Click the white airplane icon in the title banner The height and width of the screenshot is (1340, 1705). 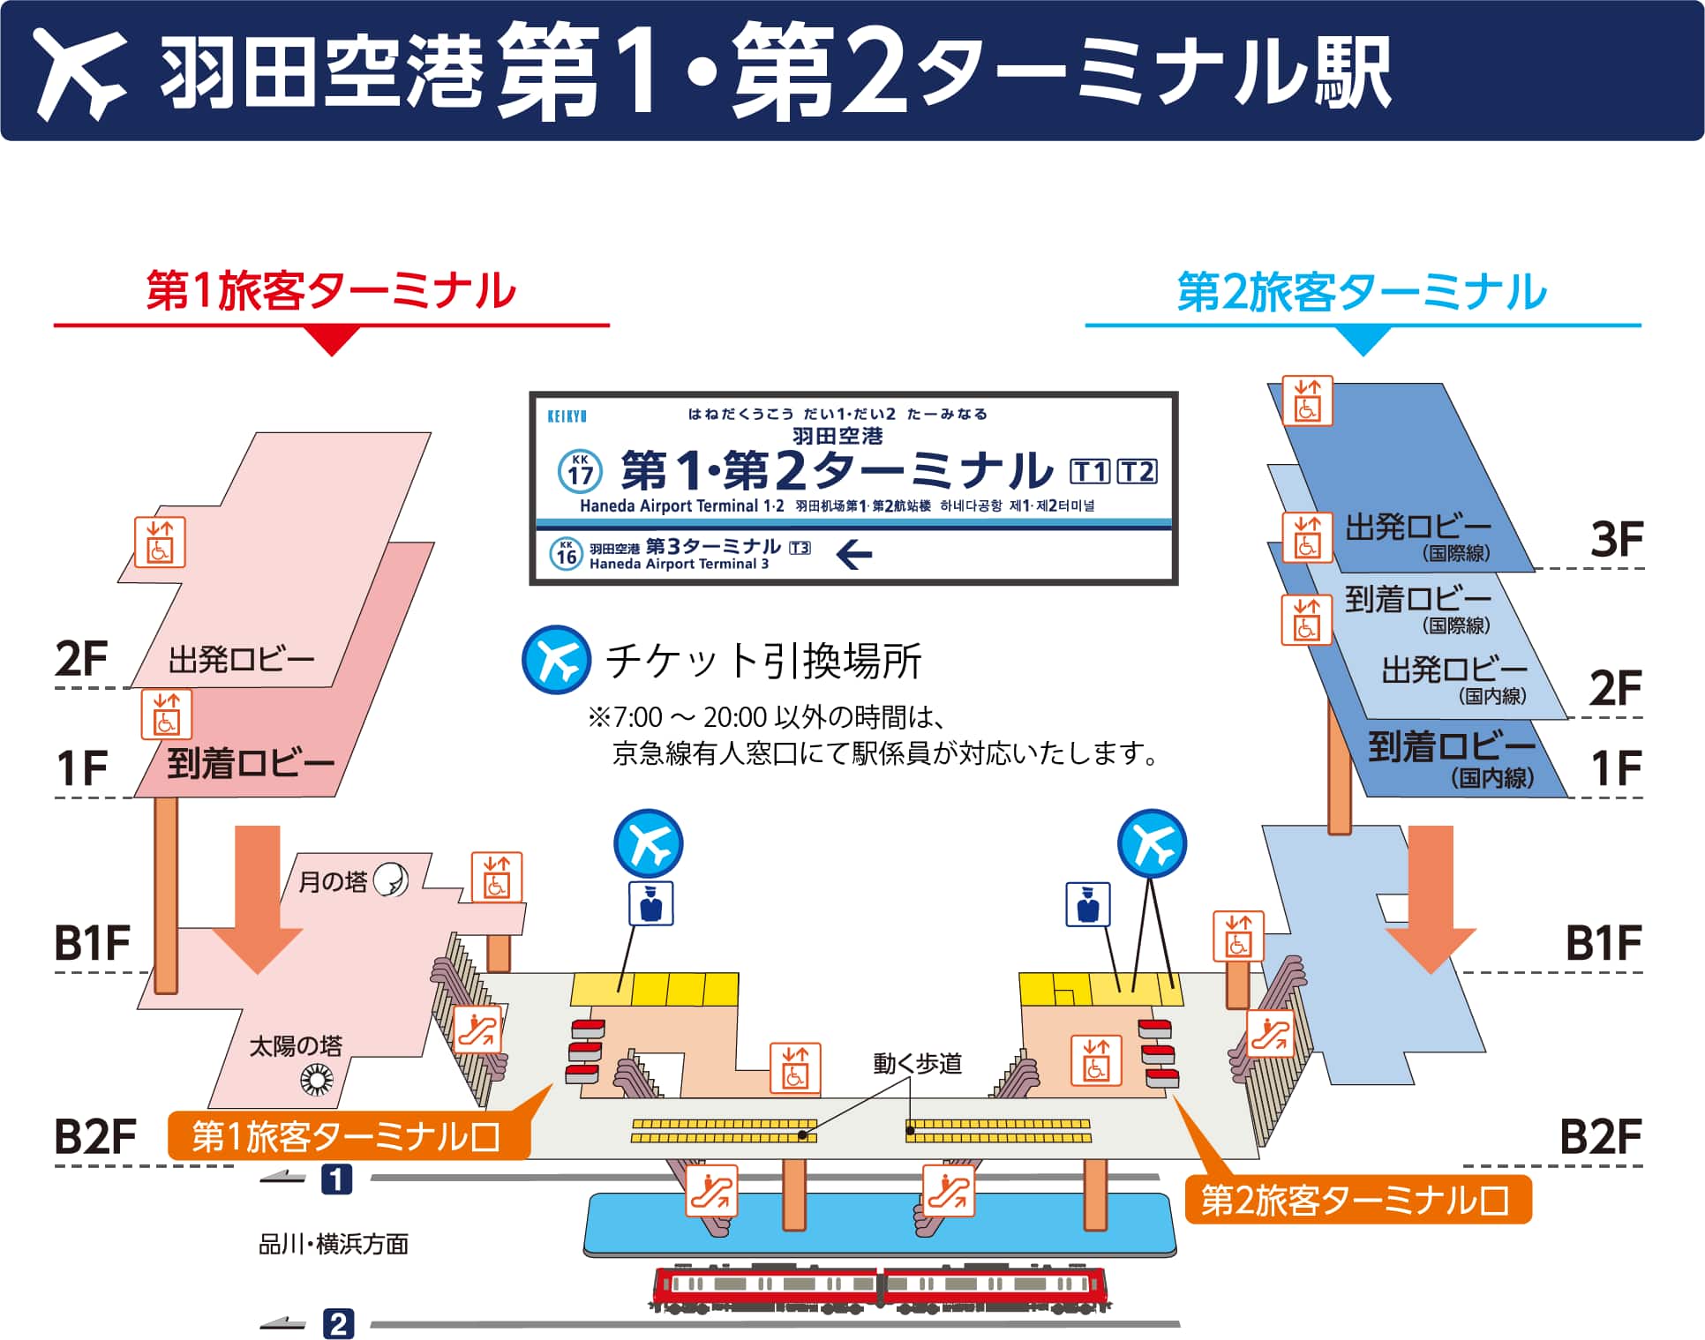coord(79,72)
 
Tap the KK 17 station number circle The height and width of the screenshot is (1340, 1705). coord(580,471)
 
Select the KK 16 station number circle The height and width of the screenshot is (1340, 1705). coord(566,553)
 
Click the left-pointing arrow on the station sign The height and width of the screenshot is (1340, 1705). coord(853,554)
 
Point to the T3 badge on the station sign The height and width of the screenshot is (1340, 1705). coord(800,548)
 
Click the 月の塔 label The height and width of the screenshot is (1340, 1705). coord(333,881)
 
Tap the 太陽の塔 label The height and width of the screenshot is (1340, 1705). coord(296,1046)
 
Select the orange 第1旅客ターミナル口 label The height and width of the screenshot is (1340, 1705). coord(348,1136)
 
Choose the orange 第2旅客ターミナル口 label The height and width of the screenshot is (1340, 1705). coord(1356,1200)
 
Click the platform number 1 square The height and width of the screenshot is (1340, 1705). coord(336,1179)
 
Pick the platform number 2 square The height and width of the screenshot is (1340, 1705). coord(338,1323)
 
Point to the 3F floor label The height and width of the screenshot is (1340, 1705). coord(1616,539)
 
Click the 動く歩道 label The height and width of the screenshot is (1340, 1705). coord(918,1064)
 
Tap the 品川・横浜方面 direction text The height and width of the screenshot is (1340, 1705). coord(334,1244)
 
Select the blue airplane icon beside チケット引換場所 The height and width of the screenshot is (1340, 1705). coord(556,660)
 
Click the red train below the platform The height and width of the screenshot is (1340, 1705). coord(880,1291)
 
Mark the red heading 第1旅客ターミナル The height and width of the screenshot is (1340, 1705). coord(331,291)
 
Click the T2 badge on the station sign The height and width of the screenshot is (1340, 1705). coord(1137,472)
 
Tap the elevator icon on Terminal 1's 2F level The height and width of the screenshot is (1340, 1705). coord(160,542)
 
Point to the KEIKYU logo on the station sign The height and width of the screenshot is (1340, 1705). coord(567,415)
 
